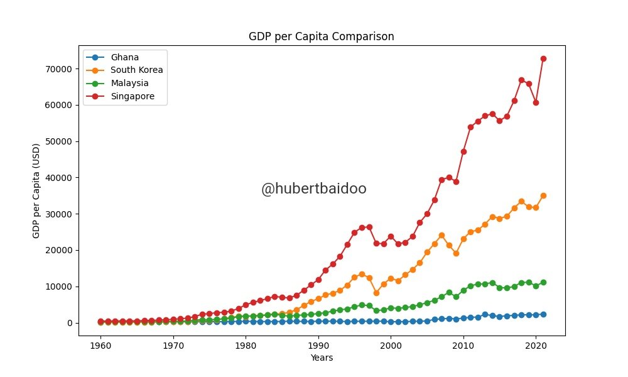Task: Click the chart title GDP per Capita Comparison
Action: click(x=322, y=36)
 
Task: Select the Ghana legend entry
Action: click(x=124, y=58)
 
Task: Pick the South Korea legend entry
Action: click(x=136, y=70)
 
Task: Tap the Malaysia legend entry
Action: click(x=130, y=83)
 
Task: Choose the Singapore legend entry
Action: click(x=133, y=96)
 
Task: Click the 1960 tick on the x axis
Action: click(x=100, y=346)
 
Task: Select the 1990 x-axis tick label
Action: click(x=318, y=346)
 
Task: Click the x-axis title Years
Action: click(x=322, y=358)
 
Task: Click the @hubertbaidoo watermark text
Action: click(x=313, y=189)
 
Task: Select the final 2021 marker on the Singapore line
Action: click(x=543, y=58)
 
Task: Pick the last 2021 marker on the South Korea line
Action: click(x=543, y=195)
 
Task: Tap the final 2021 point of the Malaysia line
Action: click(x=543, y=282)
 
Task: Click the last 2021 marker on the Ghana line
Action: click(x=543, y=314)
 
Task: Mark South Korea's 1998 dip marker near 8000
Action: click(x=376, y=293)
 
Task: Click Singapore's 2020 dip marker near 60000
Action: click(x=536, y=102)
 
